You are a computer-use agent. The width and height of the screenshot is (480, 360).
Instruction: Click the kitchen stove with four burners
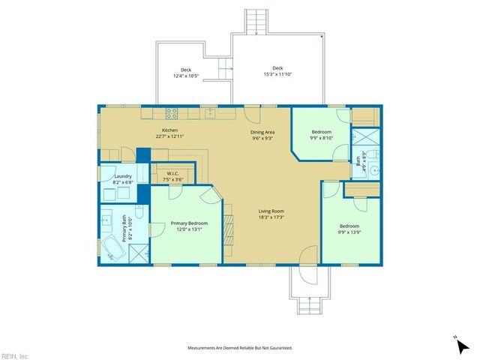click(172, 113)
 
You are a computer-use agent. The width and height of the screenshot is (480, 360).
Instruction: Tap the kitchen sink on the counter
click(210, 113)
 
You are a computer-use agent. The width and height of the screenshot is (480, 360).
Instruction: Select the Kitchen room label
click(170, 130)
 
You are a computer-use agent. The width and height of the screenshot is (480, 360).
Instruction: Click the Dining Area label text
click(262, 132)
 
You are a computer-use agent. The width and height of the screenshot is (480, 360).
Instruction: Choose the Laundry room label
click(123, 176)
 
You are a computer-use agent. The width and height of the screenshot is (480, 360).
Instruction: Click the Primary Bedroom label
click(189, 223)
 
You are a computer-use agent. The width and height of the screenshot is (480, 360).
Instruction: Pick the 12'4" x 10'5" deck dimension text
click(186, 76)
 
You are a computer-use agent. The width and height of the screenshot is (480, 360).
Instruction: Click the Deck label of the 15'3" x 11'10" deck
click(277, 68)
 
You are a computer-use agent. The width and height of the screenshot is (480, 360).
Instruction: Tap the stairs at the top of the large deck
click(257, 20)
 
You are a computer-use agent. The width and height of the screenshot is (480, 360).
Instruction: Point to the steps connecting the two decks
click(224, 69)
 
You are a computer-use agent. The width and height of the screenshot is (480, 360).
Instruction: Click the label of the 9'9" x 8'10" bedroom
click(322, 132)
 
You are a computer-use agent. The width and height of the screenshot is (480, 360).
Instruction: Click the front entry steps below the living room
click(308, 305)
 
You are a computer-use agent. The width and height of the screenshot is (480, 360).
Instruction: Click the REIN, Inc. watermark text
click(15, 355)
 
